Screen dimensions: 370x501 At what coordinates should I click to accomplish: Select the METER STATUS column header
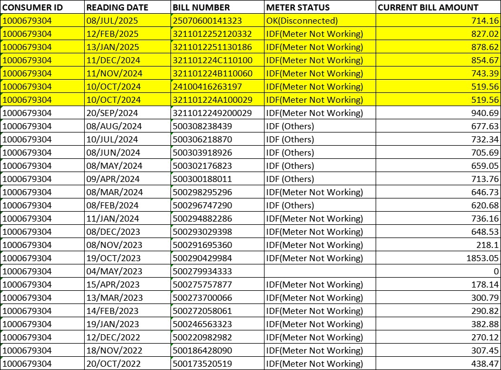(298, 8)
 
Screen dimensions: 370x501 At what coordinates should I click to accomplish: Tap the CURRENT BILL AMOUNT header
(428, 8)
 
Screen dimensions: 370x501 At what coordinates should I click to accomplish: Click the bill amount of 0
(496, 272)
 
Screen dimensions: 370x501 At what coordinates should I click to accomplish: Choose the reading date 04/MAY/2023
(114, 272)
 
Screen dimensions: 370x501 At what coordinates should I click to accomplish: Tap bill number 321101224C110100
(212, 60)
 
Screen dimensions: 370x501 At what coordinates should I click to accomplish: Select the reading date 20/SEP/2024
(114, 113)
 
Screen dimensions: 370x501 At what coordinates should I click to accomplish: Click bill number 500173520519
(202, 364)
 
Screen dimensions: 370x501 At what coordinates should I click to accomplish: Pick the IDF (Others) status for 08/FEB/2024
(290, 206)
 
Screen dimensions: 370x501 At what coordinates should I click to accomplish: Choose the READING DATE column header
(117, 8)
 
